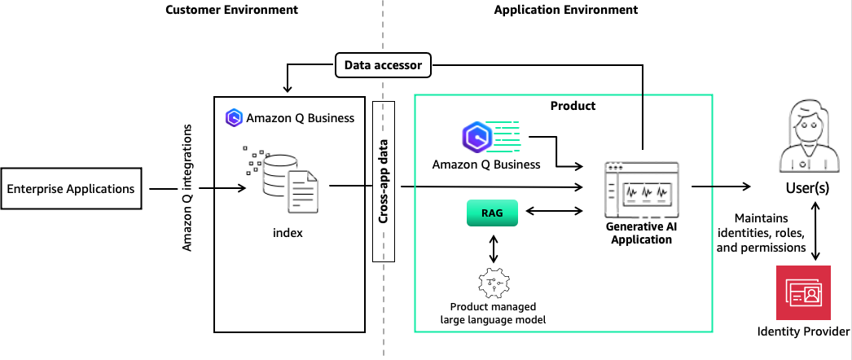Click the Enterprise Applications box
(71, 189)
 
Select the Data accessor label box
(382, 64)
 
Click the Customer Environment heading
(231, 11)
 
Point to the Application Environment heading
(565, 11)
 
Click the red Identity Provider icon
(803, 292)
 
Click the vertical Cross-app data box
(383, 181)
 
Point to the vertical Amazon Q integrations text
(187, 187)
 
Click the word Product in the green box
(573, 106)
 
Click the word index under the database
(288, 233)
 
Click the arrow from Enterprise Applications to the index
(222, 189)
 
